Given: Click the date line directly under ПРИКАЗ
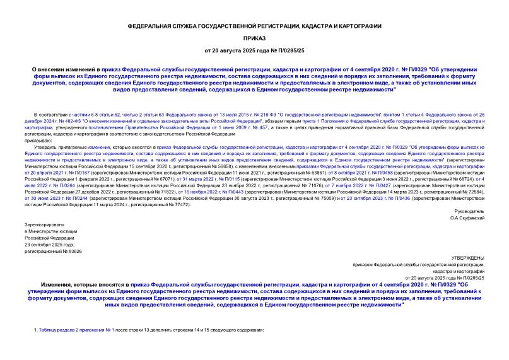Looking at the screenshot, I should [x=254, y=50].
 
